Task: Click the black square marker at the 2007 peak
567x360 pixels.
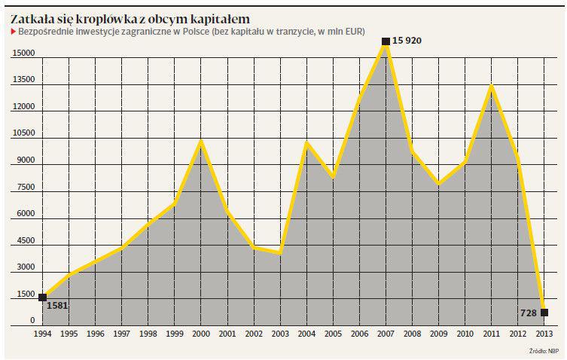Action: [x=386, y=41]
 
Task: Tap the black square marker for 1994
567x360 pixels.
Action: [x=42, y=297]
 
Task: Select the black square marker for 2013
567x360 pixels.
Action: [x=544, y=313]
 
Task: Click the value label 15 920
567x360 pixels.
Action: [x=407, y=41]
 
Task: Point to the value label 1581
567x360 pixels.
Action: [x=57, y=306]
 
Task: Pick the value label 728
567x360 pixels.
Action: [x=527, y=313]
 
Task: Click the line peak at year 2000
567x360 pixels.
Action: [x=200, y=140]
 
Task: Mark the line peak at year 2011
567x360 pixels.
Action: [x=491, y=86]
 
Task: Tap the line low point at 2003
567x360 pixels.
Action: [x=279, y=253]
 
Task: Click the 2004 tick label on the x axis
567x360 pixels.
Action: [x=306, y=334]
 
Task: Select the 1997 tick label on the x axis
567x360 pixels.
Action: [x=121, y=334]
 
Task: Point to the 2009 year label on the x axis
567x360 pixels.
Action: [x=438, y=334]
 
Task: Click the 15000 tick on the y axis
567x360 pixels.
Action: [x=23, y=53]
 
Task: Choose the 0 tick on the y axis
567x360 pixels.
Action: [x=33, y=321]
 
